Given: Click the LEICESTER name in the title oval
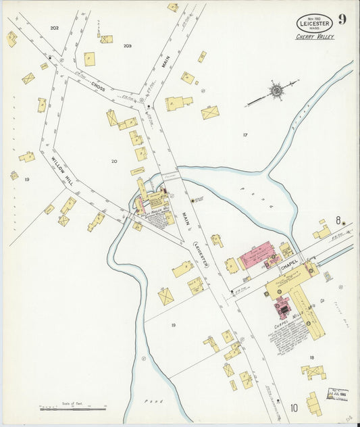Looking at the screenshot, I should click(x=314, y=25).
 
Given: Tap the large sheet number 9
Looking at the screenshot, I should click(x=342, y=19).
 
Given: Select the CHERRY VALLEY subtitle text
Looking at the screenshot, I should click(x=315, y=37).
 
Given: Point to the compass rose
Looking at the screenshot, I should click(x=276, y=90).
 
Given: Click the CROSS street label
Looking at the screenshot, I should click(x=99, y=89).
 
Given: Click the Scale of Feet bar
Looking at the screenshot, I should click(x=72, y=408).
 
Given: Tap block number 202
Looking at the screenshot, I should click(x=54, y=28).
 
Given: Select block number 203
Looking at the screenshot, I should click(x=127, y=46).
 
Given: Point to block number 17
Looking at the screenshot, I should click(x=245, y=135).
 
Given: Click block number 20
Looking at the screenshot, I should click(x=114, y=161).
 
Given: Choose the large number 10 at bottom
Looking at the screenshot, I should click(x=294, y=407).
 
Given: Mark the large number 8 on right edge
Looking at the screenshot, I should click(x=338, y=220).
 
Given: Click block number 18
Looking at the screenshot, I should click(x=312, y=357).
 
